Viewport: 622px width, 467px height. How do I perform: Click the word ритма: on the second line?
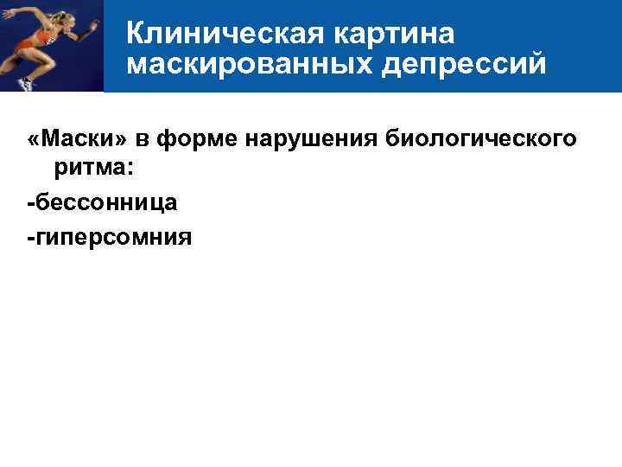(93, 171)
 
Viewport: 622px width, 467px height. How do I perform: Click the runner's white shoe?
(26, 83)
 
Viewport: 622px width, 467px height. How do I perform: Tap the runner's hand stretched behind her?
(7, 13)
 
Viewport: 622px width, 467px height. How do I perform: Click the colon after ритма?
(130, 171)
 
